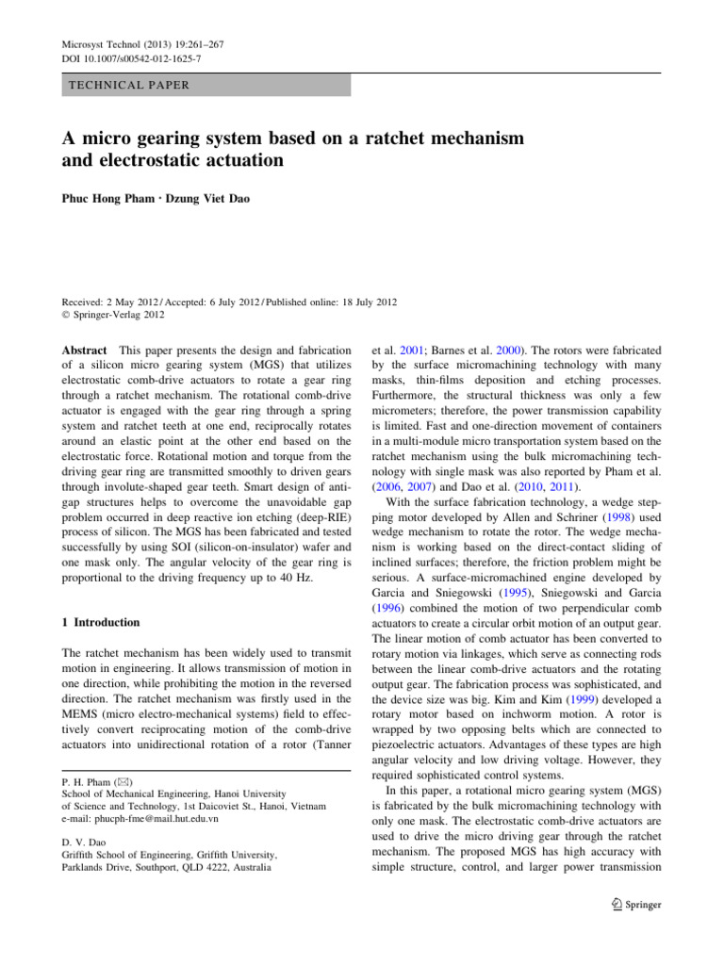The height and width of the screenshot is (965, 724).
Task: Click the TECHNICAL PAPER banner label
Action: [x=128, y=85]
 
